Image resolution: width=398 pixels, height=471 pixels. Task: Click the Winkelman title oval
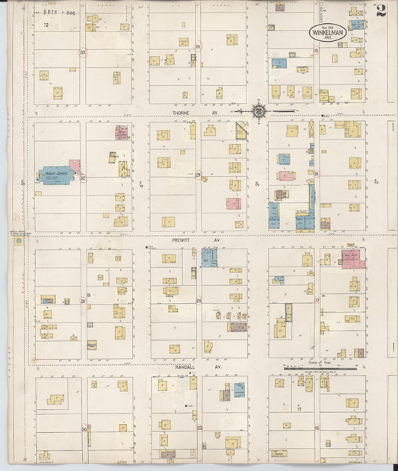pos(328,32)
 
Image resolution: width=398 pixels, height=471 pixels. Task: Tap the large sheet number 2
pos(381,10)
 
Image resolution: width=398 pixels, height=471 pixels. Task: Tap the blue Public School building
pos(55,175)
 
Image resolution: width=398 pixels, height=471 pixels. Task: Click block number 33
pos(83,52)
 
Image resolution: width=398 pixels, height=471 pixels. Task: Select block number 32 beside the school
pos(82,178)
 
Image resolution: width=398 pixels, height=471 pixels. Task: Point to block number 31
pos(83,302)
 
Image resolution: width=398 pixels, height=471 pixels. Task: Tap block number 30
pos(84,429)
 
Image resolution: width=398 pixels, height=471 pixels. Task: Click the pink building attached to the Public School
pos(75,166)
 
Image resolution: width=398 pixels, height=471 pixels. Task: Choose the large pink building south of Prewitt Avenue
pos(352,259)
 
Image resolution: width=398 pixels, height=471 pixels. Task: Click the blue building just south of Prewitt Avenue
pos(209,258)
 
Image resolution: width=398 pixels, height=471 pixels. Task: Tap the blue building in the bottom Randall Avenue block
pos(239,389)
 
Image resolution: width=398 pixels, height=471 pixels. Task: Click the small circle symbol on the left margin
pos(18,240)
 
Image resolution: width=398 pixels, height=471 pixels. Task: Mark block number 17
pos(317,302)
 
